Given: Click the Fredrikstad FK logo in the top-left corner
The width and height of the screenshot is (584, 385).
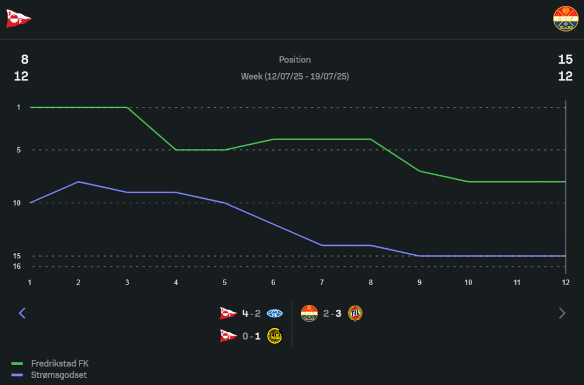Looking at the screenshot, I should pyautogui.click(x=18, y=19).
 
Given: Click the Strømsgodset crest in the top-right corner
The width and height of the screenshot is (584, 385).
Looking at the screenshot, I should pyautogui.click(x=565, y=19).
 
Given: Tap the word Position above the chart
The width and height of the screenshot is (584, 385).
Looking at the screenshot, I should pyautogui.click(x=295, y=60).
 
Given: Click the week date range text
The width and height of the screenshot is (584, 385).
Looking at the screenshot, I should pyautogui.click(x=295, y=77).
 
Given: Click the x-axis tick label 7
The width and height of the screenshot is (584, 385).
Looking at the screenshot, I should pyautogui.click(x=322, y=282).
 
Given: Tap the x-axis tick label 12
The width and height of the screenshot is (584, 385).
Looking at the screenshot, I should pyautogui.click(x=565, y=282).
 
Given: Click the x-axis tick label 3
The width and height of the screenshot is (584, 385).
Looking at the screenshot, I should pyautogui.click(x=127, y=282).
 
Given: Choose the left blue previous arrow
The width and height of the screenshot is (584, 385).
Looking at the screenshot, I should pyautogui.click(x=22, y=313).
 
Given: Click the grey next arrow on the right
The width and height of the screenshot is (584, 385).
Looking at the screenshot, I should pyautogui.click(x=562, y=313).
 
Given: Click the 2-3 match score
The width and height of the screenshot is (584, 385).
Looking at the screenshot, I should pyautogui.click(x=332, y=314).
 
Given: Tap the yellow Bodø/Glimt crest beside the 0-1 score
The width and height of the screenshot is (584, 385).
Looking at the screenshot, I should pyautogui.click(x=274, y=336).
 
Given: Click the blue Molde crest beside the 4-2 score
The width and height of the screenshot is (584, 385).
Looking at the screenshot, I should pyautogui.click(x=274, y=314).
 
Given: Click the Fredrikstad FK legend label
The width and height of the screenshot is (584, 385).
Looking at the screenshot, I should pyautogui.click(x=60, y=363).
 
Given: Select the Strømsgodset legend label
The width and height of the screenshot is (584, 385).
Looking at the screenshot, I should pyautogui.click(x=58, y=375).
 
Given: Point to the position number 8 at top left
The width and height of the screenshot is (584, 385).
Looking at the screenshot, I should pyautogui.click(x=25, y=60).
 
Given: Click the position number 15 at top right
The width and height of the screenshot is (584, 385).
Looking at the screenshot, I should pyautogui.click(x=565, y=60).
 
